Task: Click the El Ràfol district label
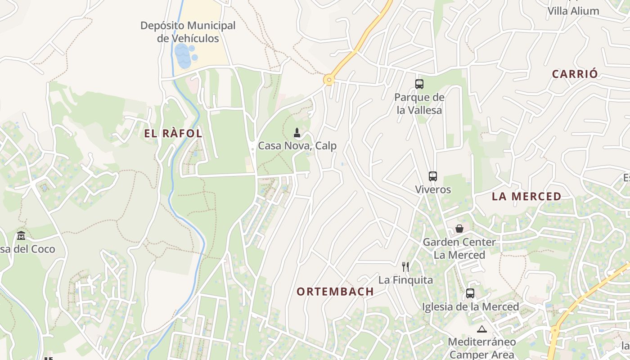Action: tap(173, 134)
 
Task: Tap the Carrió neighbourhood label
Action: tap(575, 74)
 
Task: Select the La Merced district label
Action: tap(526, 196)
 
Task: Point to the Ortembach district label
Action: tap(335, 292)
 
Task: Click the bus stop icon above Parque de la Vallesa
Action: tap(419, 84)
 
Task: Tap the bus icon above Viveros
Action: tap(432, 176)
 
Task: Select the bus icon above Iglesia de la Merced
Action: tap(470, 293)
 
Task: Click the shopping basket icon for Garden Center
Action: tap(459, 229)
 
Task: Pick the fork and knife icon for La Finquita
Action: tap(405, 267)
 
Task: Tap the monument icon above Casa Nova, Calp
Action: tap(297, 133)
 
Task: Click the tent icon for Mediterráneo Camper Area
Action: tap(481, 329)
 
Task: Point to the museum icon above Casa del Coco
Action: tap(21, 236)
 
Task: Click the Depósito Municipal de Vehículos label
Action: tap(188, 32)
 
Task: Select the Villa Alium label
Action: tap(573, 11)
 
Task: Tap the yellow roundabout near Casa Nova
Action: tap(329, 81)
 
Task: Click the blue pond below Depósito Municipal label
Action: tap(183, 56)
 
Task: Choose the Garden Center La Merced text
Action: tap(459, 248)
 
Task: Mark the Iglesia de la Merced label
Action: tap(470, 307)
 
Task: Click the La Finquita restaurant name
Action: tap(405, 280)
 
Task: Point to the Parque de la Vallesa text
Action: tap(419, 103)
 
